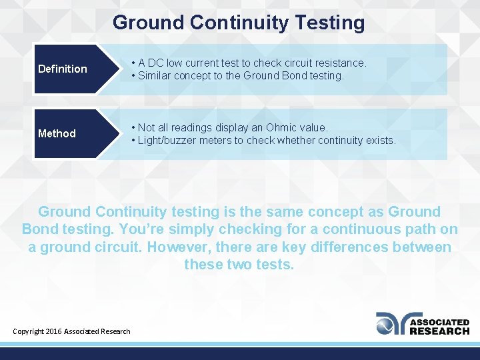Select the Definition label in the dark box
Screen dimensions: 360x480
coord(63,69)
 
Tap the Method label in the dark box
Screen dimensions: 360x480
coord(57,133)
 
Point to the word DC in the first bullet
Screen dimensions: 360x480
coord(156,63)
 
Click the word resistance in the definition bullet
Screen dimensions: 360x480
coord(336,63)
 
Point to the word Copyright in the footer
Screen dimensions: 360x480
coord(28,331)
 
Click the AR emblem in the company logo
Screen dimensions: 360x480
coord(391,323)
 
